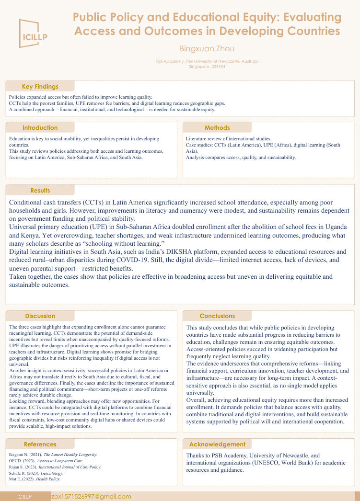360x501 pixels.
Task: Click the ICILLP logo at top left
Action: (33, 33)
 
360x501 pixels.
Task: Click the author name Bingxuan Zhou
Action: (207, 48)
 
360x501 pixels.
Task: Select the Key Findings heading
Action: (40, 87)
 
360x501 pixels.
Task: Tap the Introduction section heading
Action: (40, 128)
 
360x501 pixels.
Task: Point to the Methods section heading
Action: (217, 128)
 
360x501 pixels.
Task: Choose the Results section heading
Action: (40, 191)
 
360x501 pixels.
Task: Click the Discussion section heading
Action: (40, 316)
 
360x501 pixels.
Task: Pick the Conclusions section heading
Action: (217, 316)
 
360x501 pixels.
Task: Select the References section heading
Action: (40, 444)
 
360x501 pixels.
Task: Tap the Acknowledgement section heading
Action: (217, 444)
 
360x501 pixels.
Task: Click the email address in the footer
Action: (91, 497)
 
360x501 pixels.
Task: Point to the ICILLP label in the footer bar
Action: (24, 497)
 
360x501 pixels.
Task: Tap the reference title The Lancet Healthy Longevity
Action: (70, 454)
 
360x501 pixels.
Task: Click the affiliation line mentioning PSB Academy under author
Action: (207, 61)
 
